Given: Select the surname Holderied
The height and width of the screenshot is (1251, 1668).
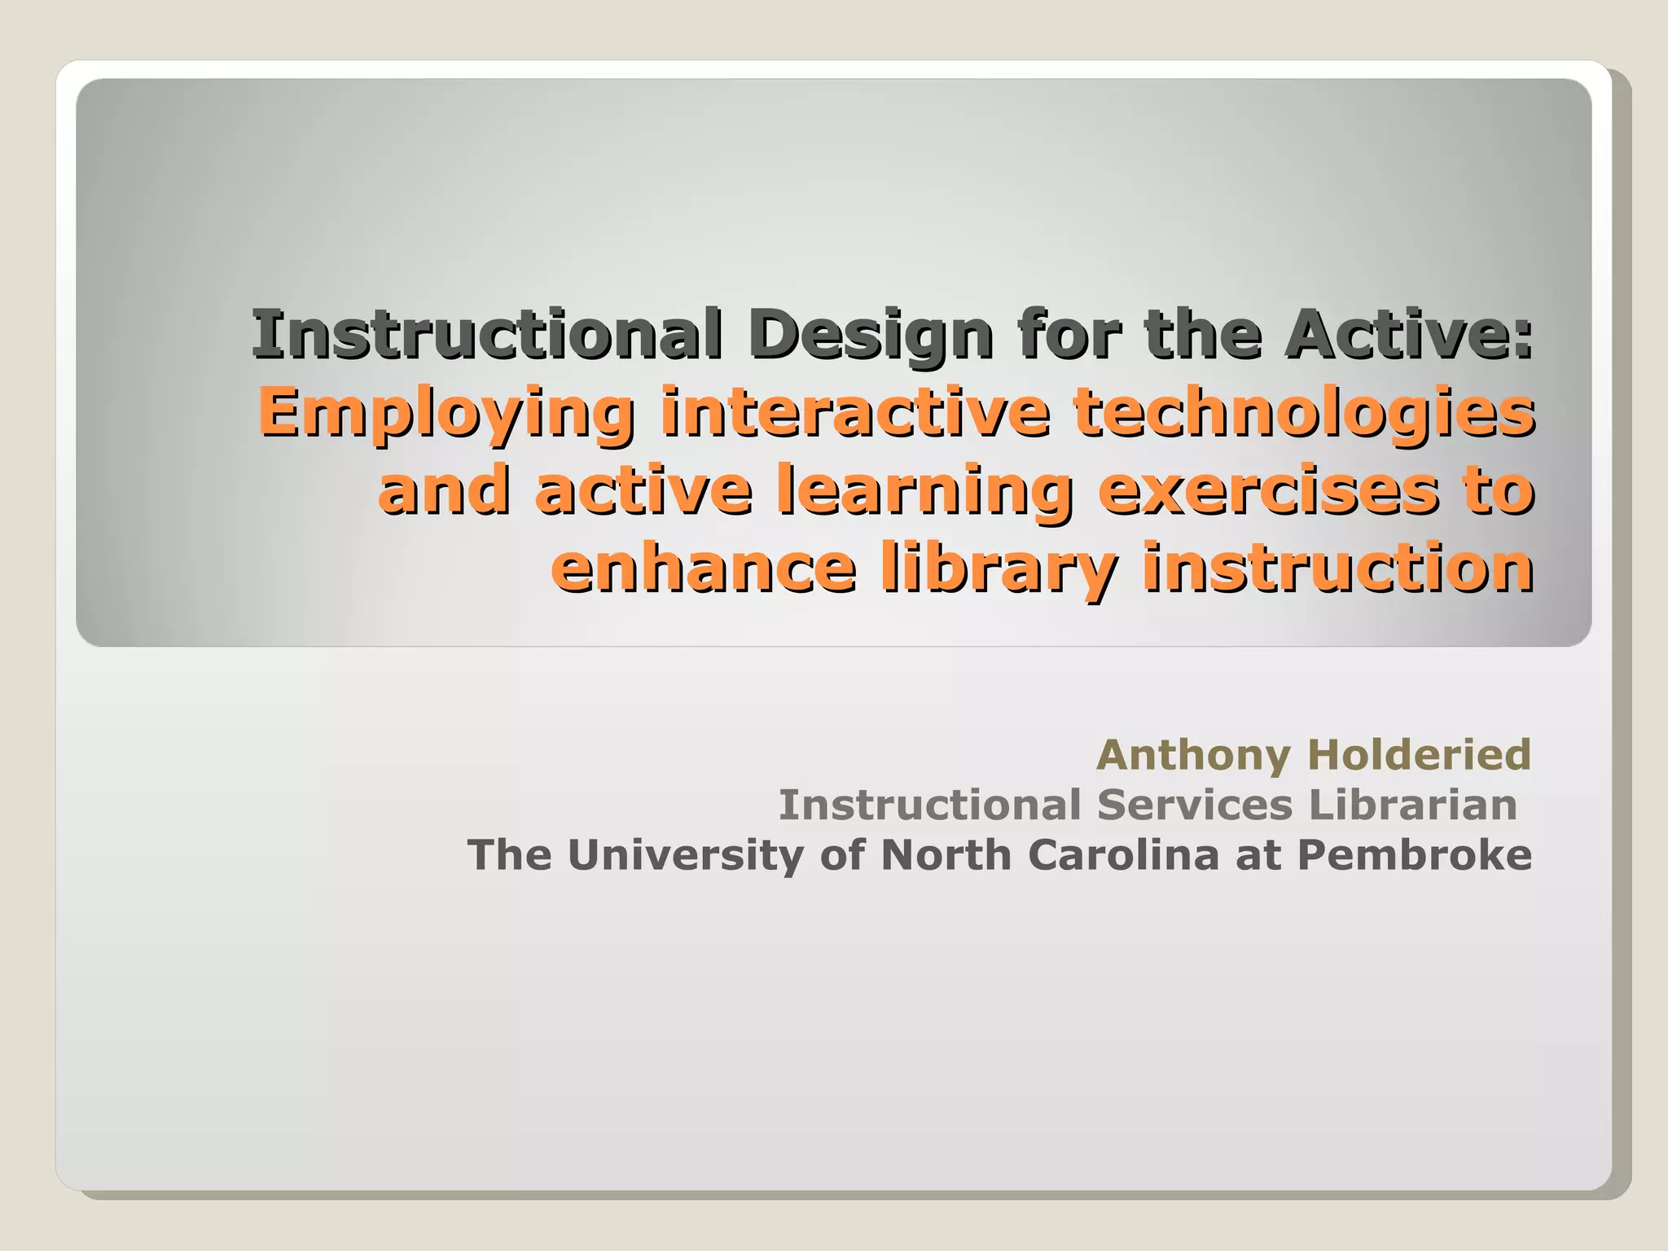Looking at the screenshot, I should [1420, 754].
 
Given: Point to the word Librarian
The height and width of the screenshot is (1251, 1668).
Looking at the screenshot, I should [1413, 805].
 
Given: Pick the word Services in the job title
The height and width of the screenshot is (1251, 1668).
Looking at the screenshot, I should [1195, 805].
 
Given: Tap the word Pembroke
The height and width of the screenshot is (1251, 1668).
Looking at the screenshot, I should [1415, 855].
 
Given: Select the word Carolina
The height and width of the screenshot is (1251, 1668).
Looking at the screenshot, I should [1123, 855].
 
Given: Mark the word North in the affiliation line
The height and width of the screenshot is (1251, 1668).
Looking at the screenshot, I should [946, 855].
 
